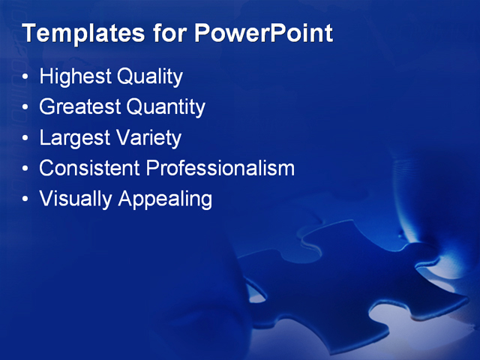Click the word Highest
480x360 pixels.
[x=75, y=76]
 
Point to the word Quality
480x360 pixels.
[x=150, y=77]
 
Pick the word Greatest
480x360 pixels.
[x=80, y=107]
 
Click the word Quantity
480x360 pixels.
[x=166, y=108]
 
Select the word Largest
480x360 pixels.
[x=74, y=139]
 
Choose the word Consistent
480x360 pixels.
[x=90, y=168]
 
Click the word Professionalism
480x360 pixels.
[x=220, y=168]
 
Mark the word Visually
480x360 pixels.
[x=76, y=199]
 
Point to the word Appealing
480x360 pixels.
[x=166, y=199]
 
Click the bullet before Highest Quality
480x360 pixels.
[x=26, y=77]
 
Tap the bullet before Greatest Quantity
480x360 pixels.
[x=26, y=108]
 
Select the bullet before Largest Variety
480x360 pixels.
[x=26, y=139]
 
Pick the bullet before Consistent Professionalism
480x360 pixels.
[x=26, y=169]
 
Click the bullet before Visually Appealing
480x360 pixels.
[x=26, y=199]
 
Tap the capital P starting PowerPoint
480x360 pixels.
[x=202, y=34]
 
